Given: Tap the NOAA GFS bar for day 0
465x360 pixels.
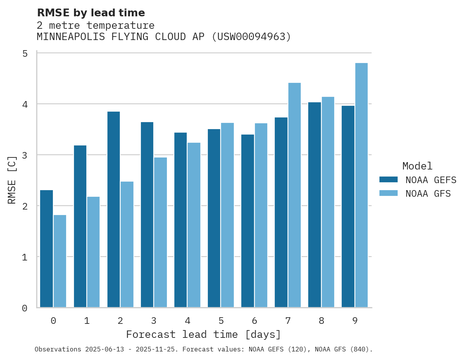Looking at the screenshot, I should [60, 261].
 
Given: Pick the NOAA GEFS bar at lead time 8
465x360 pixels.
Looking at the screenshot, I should [314, 204].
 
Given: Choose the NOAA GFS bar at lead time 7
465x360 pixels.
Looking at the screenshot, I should [294, 195].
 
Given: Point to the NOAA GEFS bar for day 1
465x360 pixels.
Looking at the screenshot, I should [80, 226].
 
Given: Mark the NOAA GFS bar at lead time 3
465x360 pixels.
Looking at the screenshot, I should [160, 232].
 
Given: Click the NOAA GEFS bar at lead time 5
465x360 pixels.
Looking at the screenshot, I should [214, 218].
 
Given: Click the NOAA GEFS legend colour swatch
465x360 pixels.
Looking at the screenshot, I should [388, 179].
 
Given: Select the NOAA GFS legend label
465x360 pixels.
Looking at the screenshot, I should [428, 193].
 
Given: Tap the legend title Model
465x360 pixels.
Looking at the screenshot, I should [418, 166].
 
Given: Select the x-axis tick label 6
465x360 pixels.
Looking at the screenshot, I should [254, 321].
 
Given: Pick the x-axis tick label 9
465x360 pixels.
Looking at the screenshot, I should [355, 321].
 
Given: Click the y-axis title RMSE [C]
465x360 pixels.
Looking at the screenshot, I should [12, 180].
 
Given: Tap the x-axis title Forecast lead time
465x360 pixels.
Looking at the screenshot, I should [203, 334].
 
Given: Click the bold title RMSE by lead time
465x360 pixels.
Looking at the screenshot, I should [91, 13].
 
